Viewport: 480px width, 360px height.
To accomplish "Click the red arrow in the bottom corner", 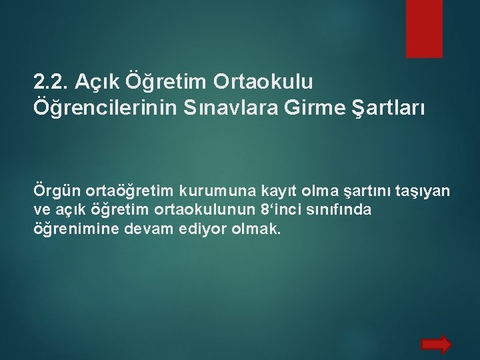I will click(x=437, y=344).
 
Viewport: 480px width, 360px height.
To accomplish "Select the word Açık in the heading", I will click(x=96, y=82).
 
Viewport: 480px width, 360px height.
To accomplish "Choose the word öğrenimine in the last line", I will click(x=71, y=229).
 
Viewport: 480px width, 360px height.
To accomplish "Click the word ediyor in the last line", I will click(x=192, y=229).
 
